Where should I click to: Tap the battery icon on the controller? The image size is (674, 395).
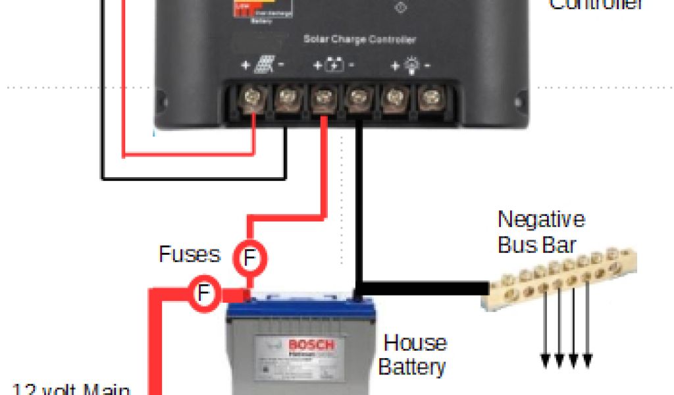pyautogui.click(x=334, y=65)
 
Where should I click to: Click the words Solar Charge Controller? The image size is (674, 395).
pyautogui.click(x=359, y=39)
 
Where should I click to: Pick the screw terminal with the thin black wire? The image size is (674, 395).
pyautogui.click(x=287, y=101)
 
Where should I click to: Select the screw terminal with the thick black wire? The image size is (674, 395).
pyautogui.click(x=357, y=101)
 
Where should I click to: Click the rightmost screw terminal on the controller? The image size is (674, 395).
pyautogui.click(x=429, y=101)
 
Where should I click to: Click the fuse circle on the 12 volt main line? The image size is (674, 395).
pyautogui.click(x=204, y=292)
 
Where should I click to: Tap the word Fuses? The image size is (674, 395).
pyautogui.click(x=190, y=254)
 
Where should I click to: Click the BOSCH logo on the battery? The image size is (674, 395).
pyautogui.click(x=311, y=345)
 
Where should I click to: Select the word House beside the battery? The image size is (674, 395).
pyautogui.click(x=415, y=343)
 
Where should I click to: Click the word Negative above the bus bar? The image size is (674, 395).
pyautogui.click(x=541, y=219)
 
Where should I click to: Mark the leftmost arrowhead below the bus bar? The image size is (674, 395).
pyautogui.click(x=546, y=360)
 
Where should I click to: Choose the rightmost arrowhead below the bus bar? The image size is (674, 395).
pyautogui.click(x=588, y=360)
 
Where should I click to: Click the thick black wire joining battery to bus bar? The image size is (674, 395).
pyautogui.click(x=421, y=288)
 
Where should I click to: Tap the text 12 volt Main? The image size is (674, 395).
pyautogui.click(x=72, y=388)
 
